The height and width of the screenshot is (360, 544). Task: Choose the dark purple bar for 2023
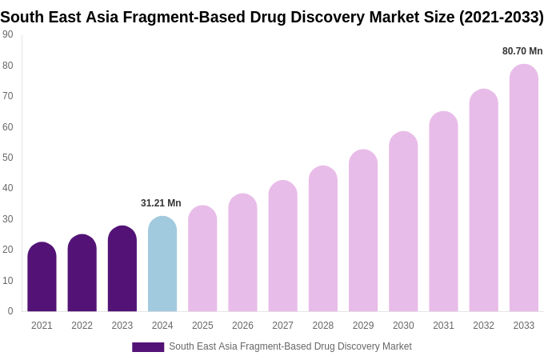(122, 269)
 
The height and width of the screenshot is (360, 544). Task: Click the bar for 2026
(242, 253)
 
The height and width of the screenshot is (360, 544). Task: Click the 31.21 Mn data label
(161, 203)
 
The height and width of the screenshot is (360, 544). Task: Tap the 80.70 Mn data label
(522, 51)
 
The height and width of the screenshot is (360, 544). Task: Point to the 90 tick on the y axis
(8, 34)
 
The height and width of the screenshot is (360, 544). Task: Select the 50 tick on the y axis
(8, 158)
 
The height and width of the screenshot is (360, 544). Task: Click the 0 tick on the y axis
(10, 311)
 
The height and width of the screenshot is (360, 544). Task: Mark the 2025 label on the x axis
(202, 326)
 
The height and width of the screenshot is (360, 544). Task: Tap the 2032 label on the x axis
(483, 326)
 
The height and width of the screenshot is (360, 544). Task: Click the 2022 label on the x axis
(82, 326)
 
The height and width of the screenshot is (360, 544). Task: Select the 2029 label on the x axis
(363, 326)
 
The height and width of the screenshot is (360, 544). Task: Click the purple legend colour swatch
(148, 347)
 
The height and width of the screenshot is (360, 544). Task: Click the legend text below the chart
(290, 346)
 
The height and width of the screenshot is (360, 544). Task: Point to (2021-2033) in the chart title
(501, 17)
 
